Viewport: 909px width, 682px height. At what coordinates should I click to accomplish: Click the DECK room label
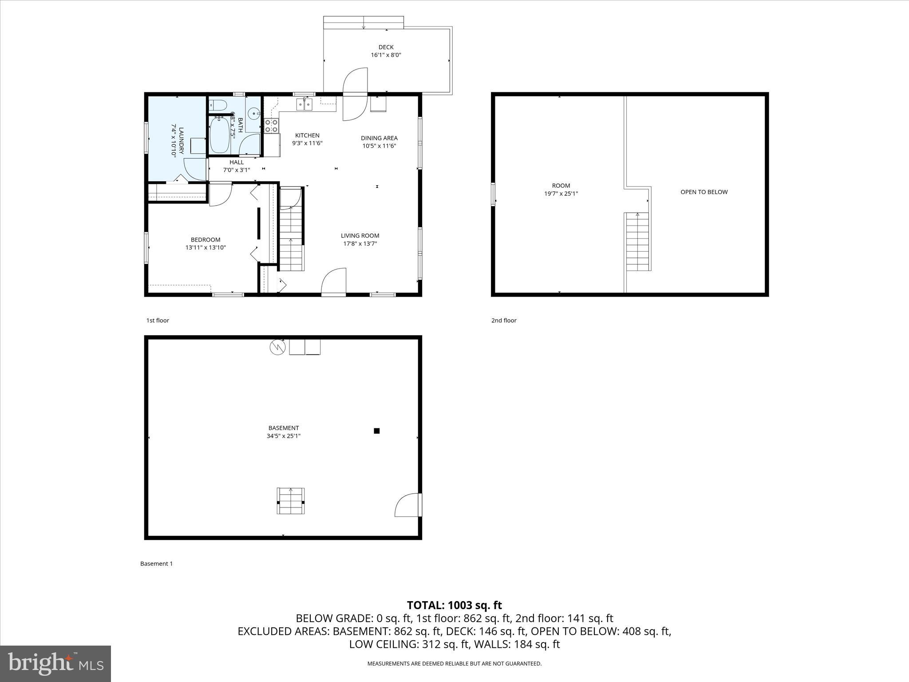(x=386, y=47)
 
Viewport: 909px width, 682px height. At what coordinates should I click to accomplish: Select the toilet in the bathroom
(x=218, y=105)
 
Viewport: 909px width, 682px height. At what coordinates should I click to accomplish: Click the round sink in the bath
(x=254, y=114)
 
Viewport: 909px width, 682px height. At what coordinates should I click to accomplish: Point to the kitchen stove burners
(x=271, y=126)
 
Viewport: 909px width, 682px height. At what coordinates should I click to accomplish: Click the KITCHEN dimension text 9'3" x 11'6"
(x=307, y=143)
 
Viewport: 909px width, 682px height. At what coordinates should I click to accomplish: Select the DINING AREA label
(x=379, y=138)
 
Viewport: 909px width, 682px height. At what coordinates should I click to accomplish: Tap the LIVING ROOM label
(x=360, y=236)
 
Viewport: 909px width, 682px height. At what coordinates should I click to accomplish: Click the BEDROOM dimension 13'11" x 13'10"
(x=206, y=247)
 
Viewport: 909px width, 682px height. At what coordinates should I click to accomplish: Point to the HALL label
(x=237, y=163)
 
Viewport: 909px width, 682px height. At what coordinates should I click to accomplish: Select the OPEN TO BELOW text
(x=704, y=192)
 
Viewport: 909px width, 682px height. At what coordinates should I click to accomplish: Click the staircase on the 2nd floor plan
(x=638, y=242)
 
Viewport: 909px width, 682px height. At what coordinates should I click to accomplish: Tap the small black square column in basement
(x=377, y=431)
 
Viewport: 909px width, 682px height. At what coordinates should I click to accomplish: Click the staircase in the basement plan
(x=291, y=501)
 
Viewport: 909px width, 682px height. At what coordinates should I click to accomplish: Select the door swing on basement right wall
(x=407, y=505)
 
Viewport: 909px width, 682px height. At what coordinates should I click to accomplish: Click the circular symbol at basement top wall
(x=277, y=347)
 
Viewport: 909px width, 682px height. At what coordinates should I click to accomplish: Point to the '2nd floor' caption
(x=504, y=321)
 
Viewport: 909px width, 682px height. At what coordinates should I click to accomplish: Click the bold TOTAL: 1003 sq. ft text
(x=454, y=605)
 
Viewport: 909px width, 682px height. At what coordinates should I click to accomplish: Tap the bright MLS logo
(x=55, y=663)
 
